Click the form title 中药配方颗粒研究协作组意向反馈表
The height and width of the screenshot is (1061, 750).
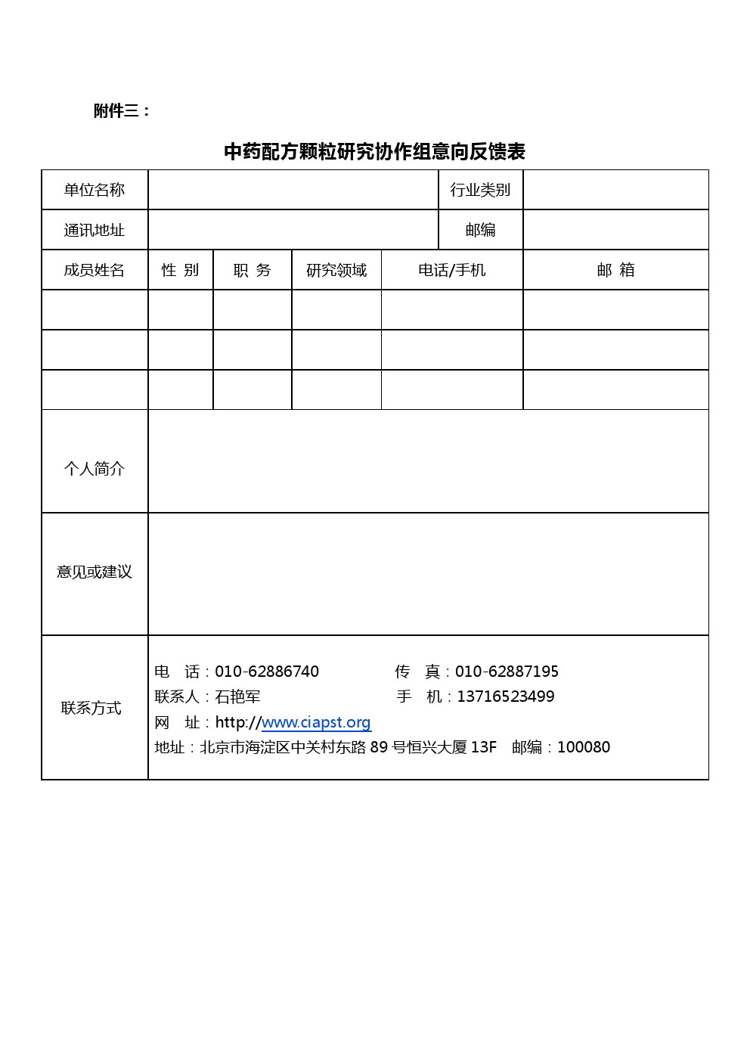click(x=374, y=152)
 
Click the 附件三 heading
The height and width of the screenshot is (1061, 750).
click(x=122, y=111)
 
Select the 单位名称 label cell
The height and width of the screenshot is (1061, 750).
click(x=95, y=190)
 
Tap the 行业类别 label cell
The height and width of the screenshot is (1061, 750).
click(x=480, y=190)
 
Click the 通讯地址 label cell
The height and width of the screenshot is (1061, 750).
click(x=95, y=230)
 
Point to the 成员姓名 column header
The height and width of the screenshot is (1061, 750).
click(x=95, y=270)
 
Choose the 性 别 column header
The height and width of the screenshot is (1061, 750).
click(x=180, y=270)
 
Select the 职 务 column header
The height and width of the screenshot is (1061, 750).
click(x=252, y=270)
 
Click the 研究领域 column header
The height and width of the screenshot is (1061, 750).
click(x=336, y=270)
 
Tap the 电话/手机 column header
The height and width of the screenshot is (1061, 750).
click(x=451, y=270)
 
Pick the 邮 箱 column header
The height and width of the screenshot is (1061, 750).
click(x=615, y=270)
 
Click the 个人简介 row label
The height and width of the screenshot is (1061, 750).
click(x=95, y=469)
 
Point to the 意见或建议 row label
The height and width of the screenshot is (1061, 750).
click(x=95, y=572)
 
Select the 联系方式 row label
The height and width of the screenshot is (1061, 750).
click(x=91, y=708)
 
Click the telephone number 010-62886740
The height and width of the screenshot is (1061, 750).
click(x=267, y=672)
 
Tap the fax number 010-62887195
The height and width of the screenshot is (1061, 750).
click(x=507, y=672)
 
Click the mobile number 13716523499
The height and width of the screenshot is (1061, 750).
click(x=505, y=696)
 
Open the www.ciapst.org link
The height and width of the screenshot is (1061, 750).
click(x=316, y=722)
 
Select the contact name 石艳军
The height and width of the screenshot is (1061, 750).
click(x=237, y=696)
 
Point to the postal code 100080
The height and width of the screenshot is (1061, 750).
click(x=583, y=747)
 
